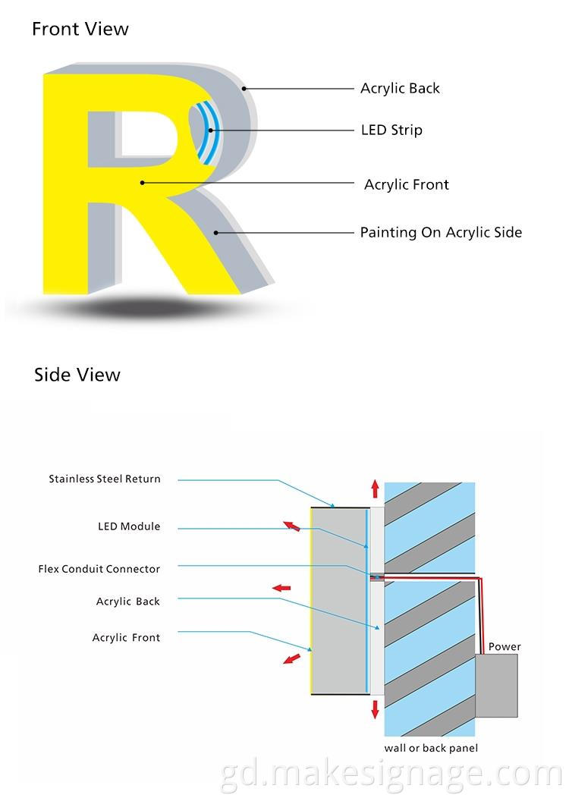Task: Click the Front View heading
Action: tap(80, 30)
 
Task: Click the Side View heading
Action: tap(77, 375)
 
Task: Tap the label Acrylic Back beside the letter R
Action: tap(400, 89)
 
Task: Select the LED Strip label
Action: tap(391, 130)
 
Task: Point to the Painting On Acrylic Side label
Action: tap(441, 233)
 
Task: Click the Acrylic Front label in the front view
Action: tap(406, 185)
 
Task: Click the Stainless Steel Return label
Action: tap(105, 479)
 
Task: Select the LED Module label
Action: tap(129, 526)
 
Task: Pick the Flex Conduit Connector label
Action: tap(99, 569)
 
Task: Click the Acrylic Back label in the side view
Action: tap(128, 602)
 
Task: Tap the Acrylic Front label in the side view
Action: tap(126, 638)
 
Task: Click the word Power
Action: tap(505, 647)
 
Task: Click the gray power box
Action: tap(497, 686)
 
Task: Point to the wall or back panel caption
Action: tap(431, 749)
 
